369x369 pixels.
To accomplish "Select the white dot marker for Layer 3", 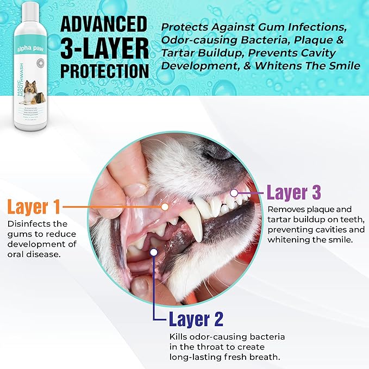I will tap(234, 192).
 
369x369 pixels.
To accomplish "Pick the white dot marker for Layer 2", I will tap(154, 252).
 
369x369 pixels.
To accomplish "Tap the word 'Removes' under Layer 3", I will tap(284, 209).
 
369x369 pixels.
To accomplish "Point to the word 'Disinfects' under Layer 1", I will tap(28, 223).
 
